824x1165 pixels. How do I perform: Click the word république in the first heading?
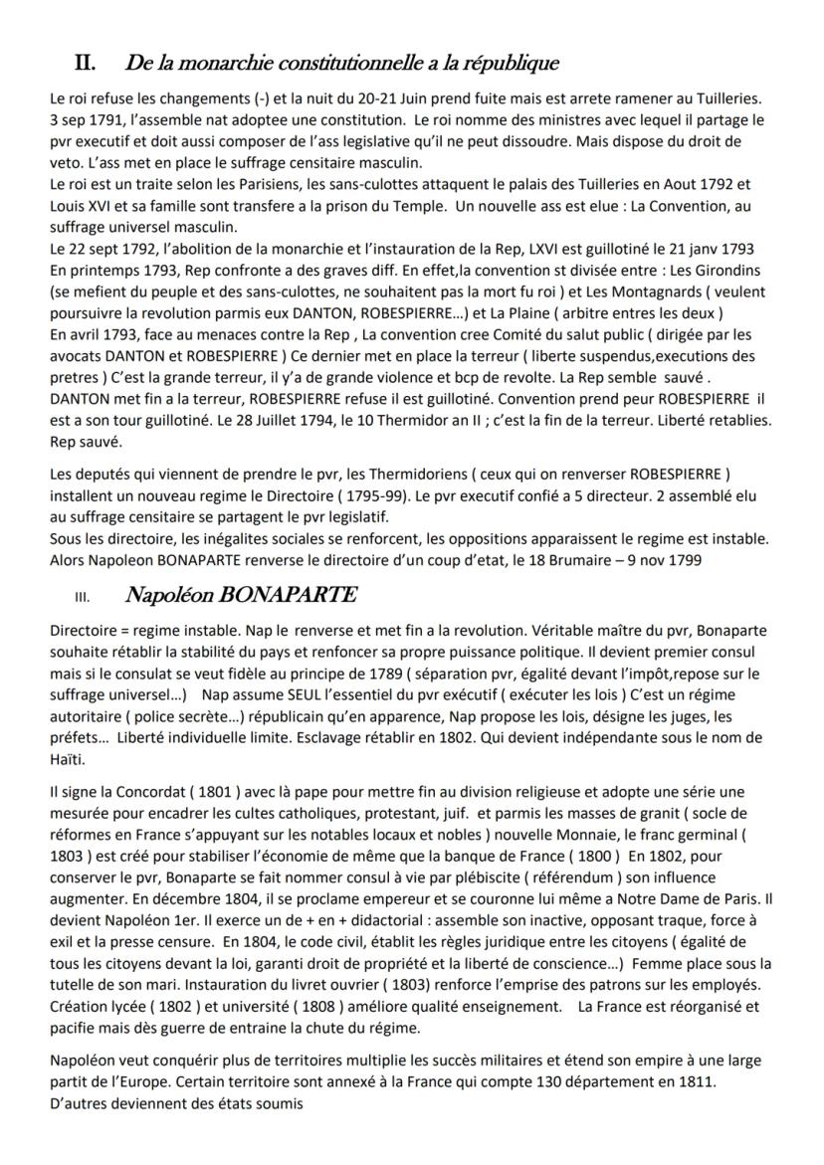tap(503, 64)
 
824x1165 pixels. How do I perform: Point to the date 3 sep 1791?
tap(81, 118)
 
